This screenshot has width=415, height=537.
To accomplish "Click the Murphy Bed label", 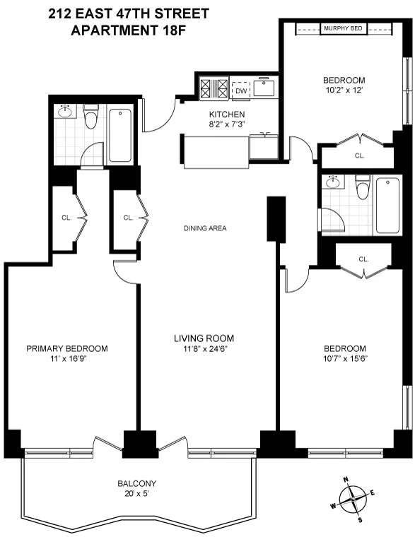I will [x=343, y=28].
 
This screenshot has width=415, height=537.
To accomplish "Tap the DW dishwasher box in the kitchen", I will [x=241, y=90].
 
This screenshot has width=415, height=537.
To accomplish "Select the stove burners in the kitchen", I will [x=214, y=89].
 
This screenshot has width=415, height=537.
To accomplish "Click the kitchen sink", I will [x=267, y=89].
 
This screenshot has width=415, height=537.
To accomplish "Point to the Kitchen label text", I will [x=227, y=114].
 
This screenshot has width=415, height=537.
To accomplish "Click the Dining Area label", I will [x=205, y=228].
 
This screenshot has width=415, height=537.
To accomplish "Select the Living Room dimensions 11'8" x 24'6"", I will [x=204, y=348].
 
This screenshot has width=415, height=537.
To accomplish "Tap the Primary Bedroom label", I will [x=67, y=348].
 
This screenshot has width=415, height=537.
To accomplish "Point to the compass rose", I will [x=351, y=501].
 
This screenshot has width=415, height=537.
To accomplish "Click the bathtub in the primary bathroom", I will [x=122, y=135].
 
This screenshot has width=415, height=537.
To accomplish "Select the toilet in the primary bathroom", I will [x=90, y=118].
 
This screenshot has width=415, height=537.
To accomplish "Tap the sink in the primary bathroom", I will [x=66, y=112].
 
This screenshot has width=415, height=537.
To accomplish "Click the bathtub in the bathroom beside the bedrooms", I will [x=389, y=206].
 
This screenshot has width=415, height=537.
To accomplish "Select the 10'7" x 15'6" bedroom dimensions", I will [x=345, y=358].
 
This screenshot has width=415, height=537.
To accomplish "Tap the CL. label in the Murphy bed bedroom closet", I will [x=359, y=155].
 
